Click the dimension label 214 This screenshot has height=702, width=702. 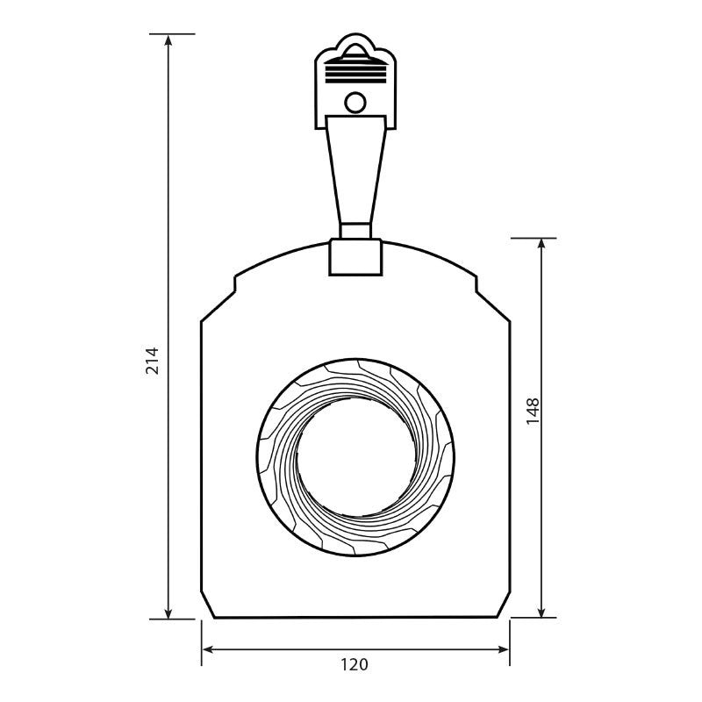153,361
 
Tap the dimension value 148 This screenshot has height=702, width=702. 533,411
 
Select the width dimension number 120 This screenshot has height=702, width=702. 355,664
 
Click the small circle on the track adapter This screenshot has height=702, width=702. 355,103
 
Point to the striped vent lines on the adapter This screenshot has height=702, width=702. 355,74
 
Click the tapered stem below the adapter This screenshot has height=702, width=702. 355,169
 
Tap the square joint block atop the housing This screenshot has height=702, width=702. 355,257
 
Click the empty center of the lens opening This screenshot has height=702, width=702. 356,456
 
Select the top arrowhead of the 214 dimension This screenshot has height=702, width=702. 168,40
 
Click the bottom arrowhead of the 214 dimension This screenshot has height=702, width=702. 168,612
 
